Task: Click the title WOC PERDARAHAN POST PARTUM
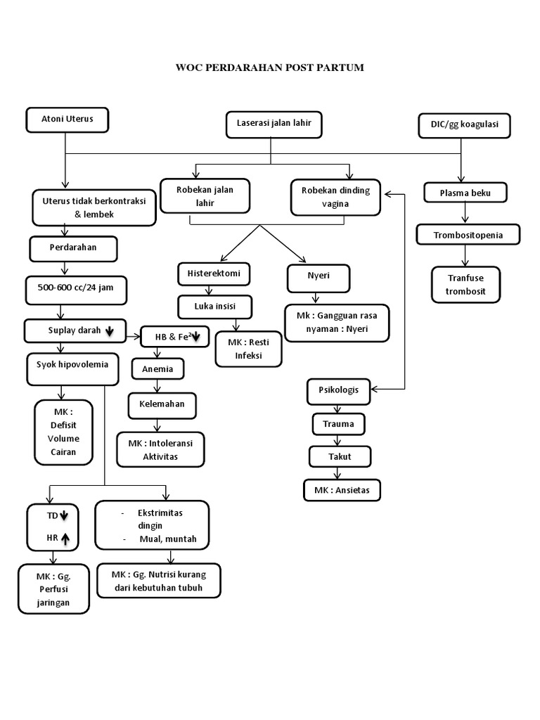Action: coord(270,67)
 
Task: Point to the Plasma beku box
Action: coord(465,192)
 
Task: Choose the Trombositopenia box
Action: coord(468,235)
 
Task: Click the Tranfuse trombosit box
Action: coord(465,285)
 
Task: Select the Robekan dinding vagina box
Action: coord(335,198)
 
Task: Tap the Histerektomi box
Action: coord(214,273)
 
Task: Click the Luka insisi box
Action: coord(214,307)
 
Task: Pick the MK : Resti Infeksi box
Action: coord(248,348)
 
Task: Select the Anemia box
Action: coord(158,368)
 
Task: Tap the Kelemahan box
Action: coord(161,406)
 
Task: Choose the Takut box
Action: coord(340,456)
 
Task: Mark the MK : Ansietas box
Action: coord(342,489)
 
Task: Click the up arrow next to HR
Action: coord(65,539)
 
